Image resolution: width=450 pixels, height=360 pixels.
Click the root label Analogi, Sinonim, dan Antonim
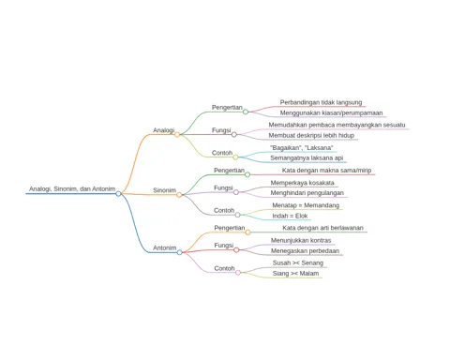tap(72, 189)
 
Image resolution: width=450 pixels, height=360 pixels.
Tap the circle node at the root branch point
tap(118, 194)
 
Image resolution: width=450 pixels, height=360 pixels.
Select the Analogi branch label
tap(164, 130)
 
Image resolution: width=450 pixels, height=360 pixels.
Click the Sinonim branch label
tap(164, 190)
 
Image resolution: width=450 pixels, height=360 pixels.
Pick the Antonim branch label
tap(165, 247)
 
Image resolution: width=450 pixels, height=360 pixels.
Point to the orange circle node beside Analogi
tap(177, 135)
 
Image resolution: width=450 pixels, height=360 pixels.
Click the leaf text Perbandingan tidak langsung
tap(321, 102)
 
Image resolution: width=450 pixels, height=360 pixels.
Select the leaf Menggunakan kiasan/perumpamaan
tap(331, 112)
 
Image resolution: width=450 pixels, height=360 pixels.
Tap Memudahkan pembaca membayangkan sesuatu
tap(337, 125)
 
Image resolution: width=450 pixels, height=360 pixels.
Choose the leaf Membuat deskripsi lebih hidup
tap(311, 135)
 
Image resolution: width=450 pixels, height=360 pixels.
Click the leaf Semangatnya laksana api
tap(307, 157)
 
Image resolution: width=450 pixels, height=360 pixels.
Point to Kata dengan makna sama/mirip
tap(326, 171)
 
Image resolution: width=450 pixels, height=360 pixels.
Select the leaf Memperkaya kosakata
tap(302, 183)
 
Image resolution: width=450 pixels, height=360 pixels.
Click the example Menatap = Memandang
tap(306, 205)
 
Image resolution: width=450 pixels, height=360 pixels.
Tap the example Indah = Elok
tap(290, 216)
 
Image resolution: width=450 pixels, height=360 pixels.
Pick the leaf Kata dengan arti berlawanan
tap(322, 228)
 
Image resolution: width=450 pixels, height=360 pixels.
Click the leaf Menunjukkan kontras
tap(301, 240)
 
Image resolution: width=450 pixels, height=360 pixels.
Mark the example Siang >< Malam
tap(295, 274)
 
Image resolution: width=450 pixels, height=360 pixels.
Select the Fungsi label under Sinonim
tap(223, 187)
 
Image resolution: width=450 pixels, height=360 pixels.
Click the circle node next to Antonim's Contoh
tap(238, 273)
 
